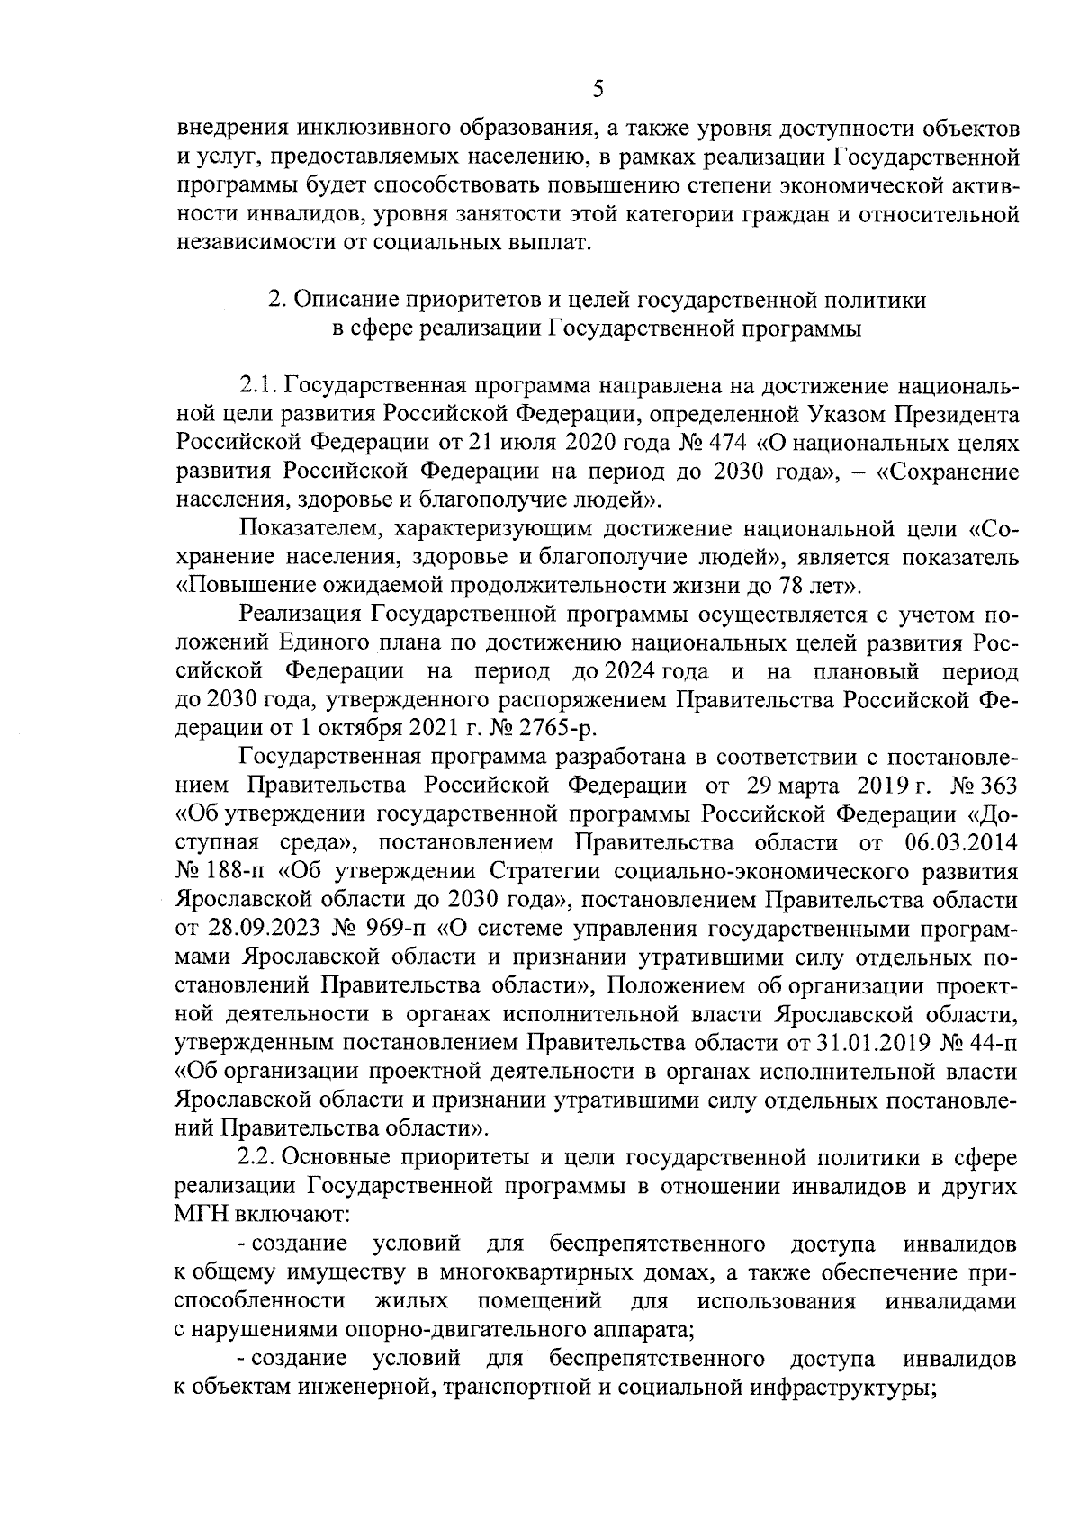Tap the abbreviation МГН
(x=202, y=1215)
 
